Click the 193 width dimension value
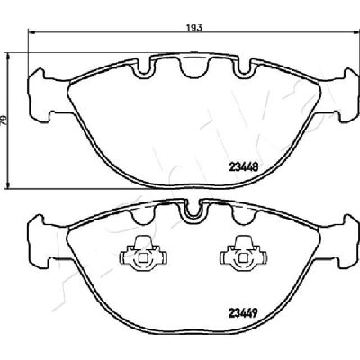coord(194,28)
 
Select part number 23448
coord(243,166)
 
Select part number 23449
coord(243,313)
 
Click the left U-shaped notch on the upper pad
coord(144,68)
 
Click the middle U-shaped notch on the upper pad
coord(194,68)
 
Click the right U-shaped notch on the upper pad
coord(245,68)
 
